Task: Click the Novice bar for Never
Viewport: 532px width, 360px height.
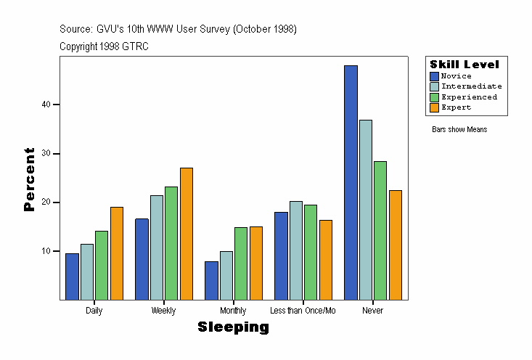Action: (351, 182)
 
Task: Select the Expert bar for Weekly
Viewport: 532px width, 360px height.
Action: (187, 234)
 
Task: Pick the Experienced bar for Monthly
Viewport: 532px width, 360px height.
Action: (241, 263)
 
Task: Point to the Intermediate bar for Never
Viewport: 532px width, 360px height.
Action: (366, 210)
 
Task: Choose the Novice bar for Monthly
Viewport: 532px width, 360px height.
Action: (211, 280)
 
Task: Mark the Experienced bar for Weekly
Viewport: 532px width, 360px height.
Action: (171, 243)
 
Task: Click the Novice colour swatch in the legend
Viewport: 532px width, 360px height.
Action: (434, 76)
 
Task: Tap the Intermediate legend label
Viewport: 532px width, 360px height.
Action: (471, 86)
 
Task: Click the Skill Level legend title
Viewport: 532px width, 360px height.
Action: (465, 65)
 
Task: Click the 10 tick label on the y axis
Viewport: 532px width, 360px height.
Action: (46, 251)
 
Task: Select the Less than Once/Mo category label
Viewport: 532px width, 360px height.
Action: (303, 311)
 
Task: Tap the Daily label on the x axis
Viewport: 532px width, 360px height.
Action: (94, 311)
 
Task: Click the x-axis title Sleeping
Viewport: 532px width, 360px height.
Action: (233, 327)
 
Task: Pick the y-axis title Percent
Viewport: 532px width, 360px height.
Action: (29, 179)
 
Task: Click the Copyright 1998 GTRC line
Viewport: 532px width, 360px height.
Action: (104, 46)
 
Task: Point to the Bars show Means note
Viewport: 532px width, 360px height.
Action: (459, 130)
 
